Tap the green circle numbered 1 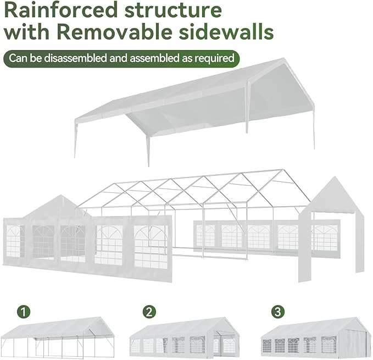[x=23, y=312]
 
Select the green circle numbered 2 [x=148, y=312]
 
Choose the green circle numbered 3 [x=278, y=312]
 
